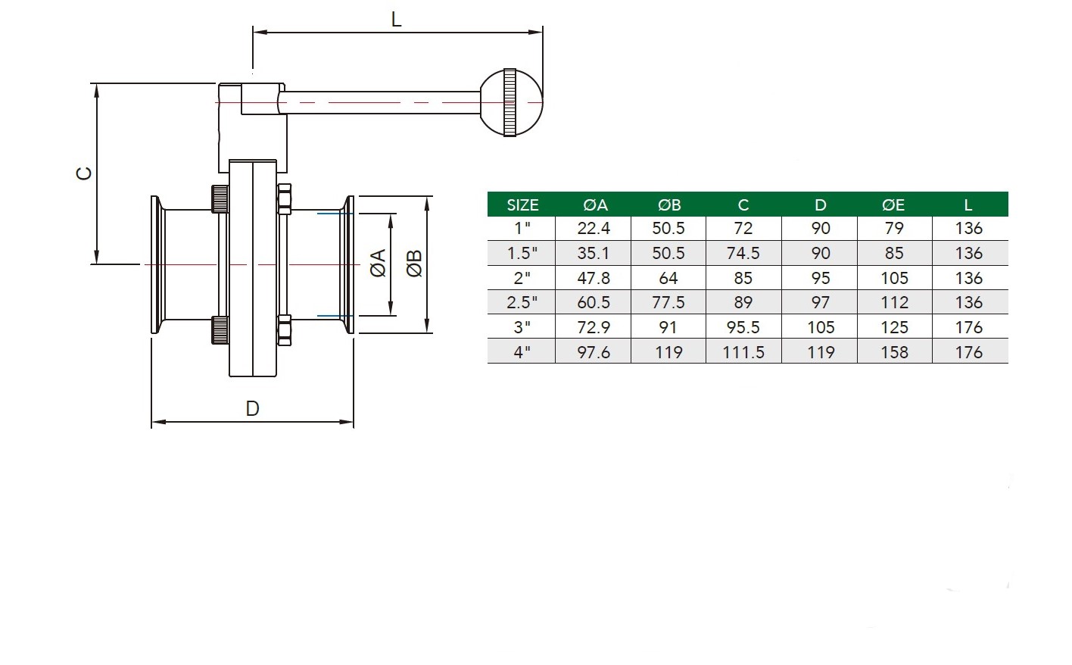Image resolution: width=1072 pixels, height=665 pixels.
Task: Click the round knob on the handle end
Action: [511, 102]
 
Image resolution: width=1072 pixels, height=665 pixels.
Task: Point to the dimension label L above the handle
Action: [396, 20]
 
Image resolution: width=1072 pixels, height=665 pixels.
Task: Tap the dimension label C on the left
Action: [84, 173]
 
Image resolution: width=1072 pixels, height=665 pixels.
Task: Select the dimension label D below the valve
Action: [252, 409]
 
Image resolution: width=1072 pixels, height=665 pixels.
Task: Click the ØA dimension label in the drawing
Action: [378, 263]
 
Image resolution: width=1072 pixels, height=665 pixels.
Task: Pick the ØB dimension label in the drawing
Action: [414, 263]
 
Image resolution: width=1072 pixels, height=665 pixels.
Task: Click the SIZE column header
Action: [522, 205]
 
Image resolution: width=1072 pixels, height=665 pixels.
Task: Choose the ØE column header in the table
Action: [893, 205]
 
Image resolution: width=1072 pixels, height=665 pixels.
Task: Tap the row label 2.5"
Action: [522, 302]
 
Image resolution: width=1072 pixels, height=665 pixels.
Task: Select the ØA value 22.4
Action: [594, 229]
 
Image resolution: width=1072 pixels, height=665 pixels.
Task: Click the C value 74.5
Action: [743, 253]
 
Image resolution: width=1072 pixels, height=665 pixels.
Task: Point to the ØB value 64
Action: [668, 278]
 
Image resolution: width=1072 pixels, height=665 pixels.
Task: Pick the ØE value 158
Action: [894, 352]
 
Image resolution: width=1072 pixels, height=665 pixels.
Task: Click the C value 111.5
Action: [743, 352]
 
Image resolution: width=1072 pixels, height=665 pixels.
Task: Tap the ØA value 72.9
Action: [594, 327]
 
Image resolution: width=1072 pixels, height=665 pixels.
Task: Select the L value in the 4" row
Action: [968, 352]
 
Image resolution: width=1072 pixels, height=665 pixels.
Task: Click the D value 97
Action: [821, 302]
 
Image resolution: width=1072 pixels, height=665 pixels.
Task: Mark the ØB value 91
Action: [668, 327]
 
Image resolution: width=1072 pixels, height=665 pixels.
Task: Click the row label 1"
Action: [522, 229]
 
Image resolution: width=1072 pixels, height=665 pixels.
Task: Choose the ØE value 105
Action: [894, 278]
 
